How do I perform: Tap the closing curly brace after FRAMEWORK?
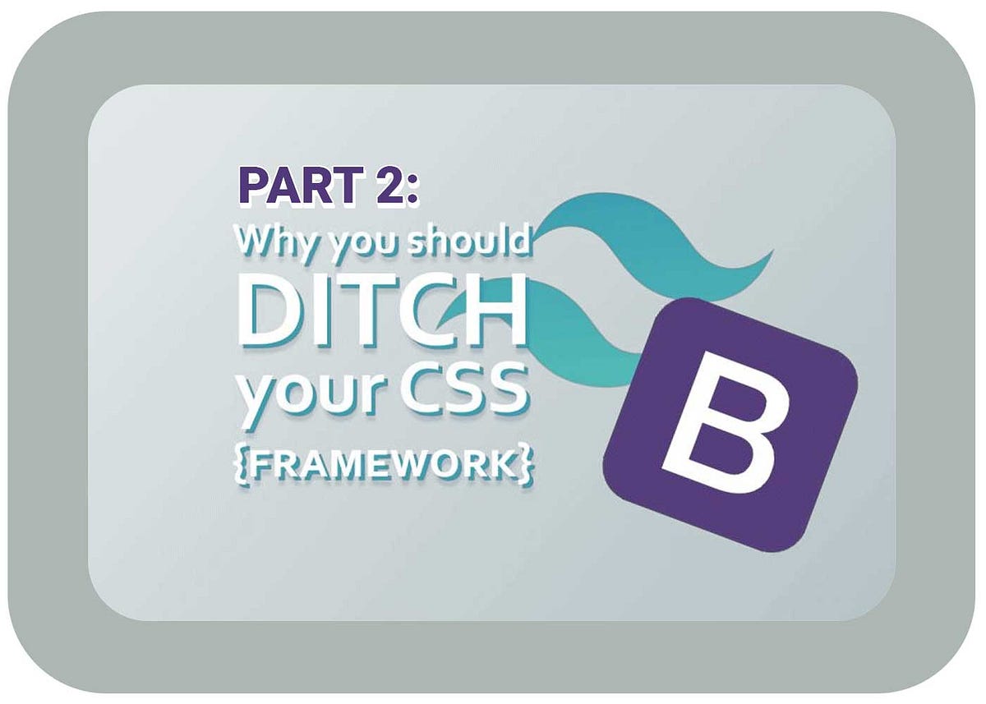coord(524,465)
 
